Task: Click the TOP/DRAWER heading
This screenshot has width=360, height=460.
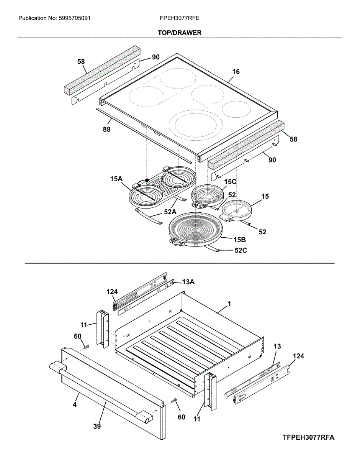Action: (180, 33)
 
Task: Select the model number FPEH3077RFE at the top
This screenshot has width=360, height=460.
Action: (180, 18)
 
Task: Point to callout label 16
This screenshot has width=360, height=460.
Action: (236, 72)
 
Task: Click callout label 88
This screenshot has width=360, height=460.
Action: (106, 130)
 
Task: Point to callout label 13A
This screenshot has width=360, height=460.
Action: (188, 282)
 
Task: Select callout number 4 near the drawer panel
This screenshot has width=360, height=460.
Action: (75, 404)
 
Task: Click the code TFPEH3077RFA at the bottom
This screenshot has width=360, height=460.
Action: (309, 437)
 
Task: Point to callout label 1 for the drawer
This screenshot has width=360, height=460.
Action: (229, 304)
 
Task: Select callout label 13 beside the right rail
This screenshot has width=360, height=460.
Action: (277, 347)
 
